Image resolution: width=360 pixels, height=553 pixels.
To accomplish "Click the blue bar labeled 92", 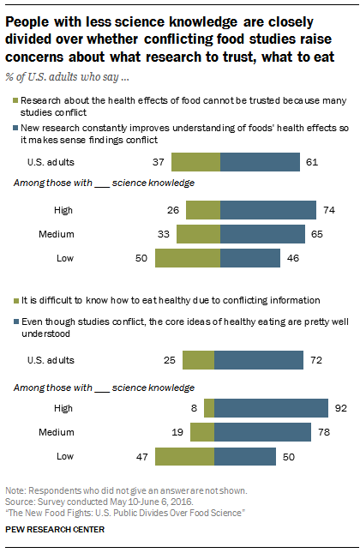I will [x=272, y=408].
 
